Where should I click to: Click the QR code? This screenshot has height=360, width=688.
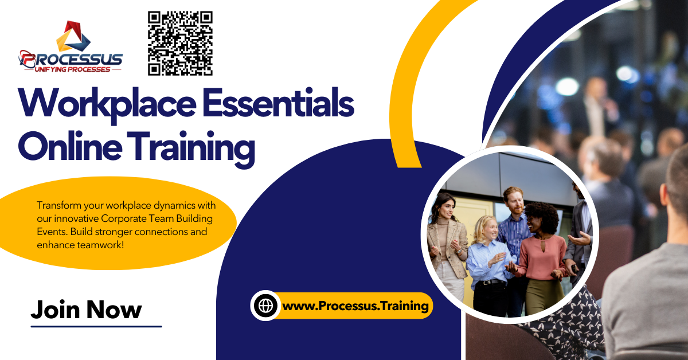[x=180, y=44]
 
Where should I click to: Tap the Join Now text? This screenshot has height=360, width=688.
[x=86, y=310]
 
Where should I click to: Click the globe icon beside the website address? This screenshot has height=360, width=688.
[x=266, y=306]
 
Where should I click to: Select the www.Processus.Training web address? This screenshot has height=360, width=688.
[x=355, y=306]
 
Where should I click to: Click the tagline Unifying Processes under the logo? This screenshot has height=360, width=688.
[x=72, y=69]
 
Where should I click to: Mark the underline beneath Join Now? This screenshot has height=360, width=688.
[x=96, y=326]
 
